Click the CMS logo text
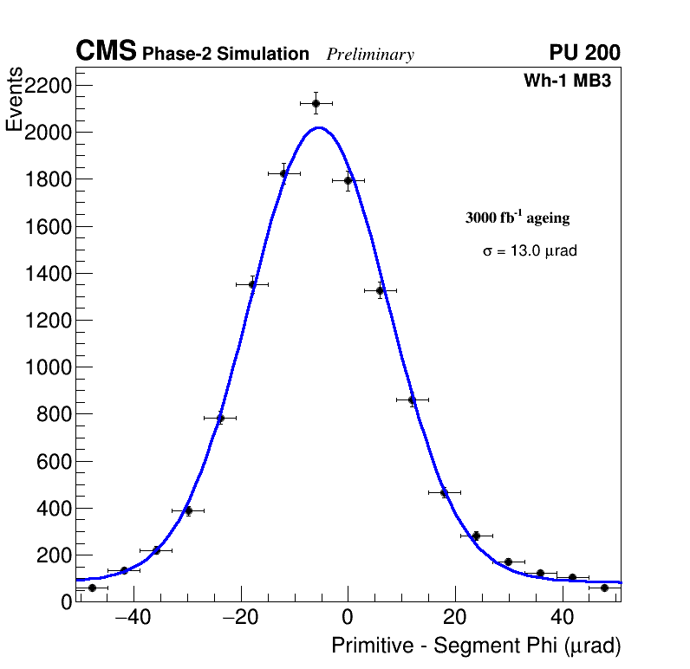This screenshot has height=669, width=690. tap(106, 52)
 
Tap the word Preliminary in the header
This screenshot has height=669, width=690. tap(370, 55)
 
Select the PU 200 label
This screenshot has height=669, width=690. tap(584, 53)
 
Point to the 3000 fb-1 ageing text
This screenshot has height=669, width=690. tap(517, 218)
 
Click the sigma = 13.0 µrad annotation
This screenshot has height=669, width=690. tap(530, 250)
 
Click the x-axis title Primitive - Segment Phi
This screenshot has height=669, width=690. tap(476, 646)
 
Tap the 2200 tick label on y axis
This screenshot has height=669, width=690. tap(46, 86)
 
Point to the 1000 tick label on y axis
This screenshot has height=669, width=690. tap(46, 367)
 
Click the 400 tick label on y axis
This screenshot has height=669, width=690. tap(53, 509)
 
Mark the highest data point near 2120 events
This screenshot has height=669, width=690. tap(316, 103)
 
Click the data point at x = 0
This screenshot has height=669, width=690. tap(348, 180)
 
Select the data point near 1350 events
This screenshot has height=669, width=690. tap(252, 283)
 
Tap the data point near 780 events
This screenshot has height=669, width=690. tap(220, 418)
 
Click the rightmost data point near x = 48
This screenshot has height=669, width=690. tap(604, 588)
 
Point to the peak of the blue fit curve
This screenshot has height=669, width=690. tap(318, 128)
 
